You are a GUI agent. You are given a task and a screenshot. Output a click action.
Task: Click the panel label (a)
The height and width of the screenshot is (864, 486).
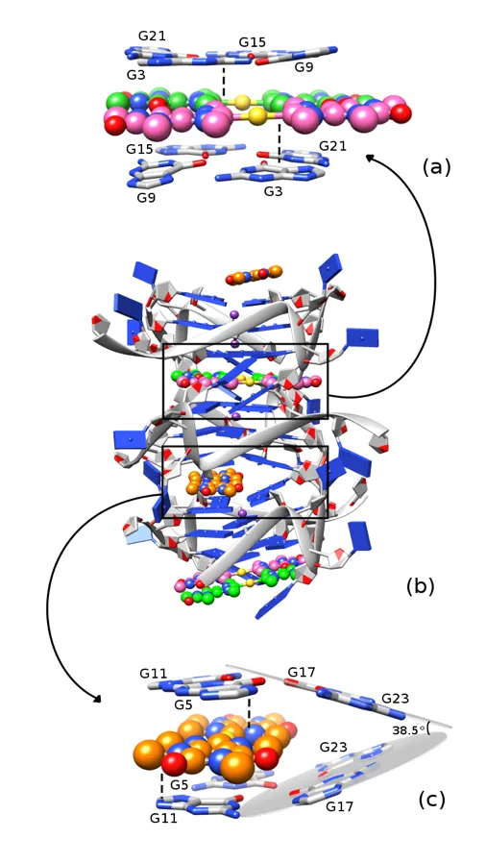pyautogui.click(x=436, y=167)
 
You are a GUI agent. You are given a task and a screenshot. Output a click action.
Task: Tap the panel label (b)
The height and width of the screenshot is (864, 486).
pyautogui.click(x=420, y=586)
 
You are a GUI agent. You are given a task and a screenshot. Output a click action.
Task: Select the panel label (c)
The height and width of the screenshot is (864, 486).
pyautogui.click(x=431, y=799)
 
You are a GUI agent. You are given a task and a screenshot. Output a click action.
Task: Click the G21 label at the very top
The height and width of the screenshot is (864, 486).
pyautogui.click(x=152, y=37)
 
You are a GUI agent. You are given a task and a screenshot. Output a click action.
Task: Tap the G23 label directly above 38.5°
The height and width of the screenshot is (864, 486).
pyautogui.click(x=394, y=698)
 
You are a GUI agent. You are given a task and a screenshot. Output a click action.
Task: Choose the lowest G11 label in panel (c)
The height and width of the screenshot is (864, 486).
pyautogui.click(x=164, y=818)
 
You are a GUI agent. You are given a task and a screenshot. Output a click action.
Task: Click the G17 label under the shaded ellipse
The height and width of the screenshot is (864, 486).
pyautogui.click(x=341, y=806)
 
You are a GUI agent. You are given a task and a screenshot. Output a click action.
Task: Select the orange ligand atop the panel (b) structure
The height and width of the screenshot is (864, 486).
pyautogui.click(x=255, y=275)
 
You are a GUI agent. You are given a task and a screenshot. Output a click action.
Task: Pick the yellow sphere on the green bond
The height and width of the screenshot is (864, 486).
pyautogui.click(x=242, y=101)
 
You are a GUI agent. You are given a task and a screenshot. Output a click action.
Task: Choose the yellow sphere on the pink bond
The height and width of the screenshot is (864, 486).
pyautogui.click(x=256, y=115)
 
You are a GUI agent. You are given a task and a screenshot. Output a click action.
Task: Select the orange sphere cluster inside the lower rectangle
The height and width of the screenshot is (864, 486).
pyautogui.click(x=214, y=482)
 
